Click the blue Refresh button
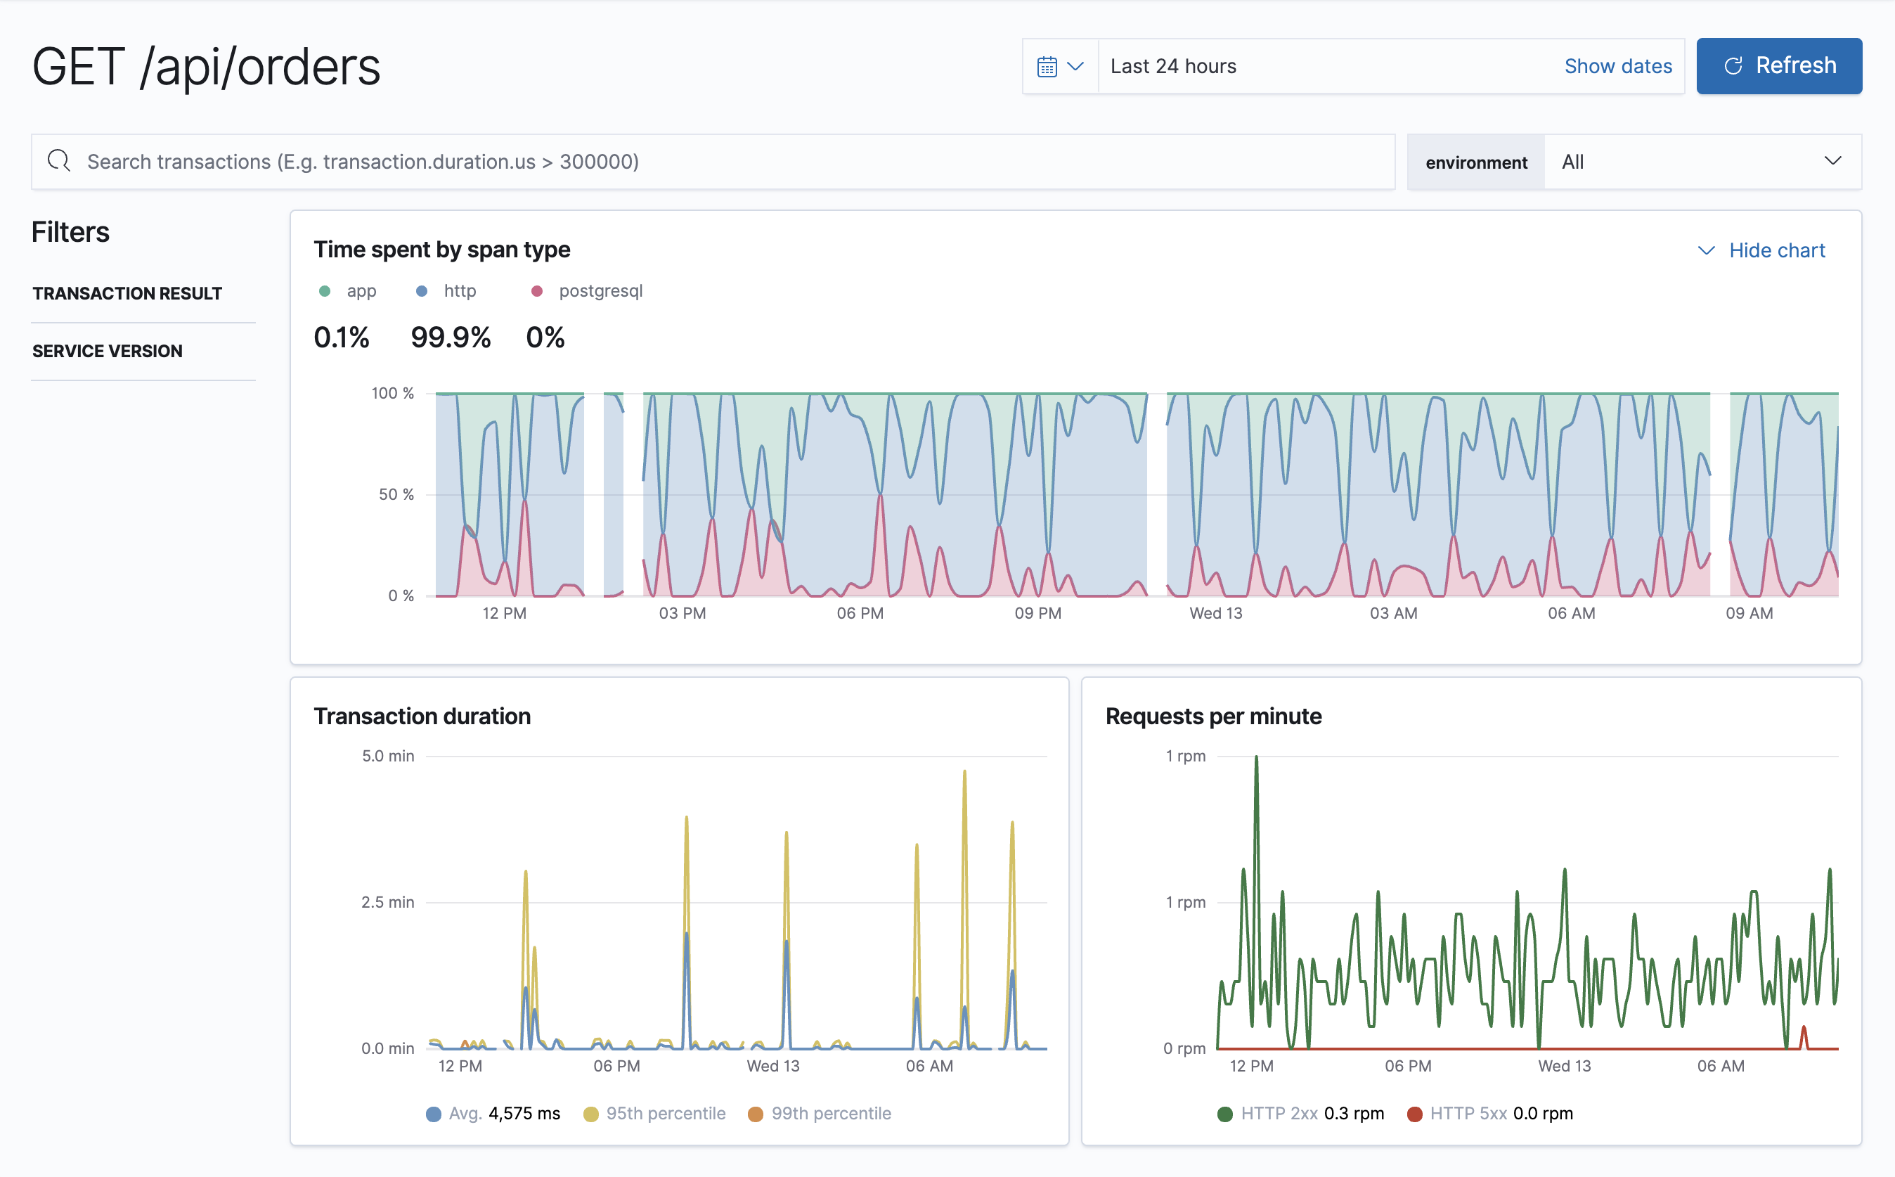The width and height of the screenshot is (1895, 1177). [x=1778, y=66]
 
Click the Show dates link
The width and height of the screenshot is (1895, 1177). [x=1617, y=66]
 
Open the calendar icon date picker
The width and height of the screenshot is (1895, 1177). [x=1059, y=66]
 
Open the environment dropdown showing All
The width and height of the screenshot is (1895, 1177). [x=1700, y=162]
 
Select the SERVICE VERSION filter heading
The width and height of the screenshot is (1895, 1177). [x=108, y=351]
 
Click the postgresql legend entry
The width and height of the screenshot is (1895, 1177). [x=600, y=291]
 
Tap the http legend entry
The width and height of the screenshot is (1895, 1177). [x=458, y=291]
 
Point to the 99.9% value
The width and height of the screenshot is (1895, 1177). [x=451, y=337]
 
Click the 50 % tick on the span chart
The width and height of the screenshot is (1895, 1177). [x=396, y=494]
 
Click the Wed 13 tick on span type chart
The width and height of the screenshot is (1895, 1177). [x=1215, y=613]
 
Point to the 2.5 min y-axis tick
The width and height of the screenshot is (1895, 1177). [x=387, y=902]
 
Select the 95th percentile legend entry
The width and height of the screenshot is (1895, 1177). [x=665, y=1113]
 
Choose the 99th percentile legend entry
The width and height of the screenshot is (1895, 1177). [x=829, y=1113]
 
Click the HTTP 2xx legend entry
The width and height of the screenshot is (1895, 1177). [x=1278, y=1113]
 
